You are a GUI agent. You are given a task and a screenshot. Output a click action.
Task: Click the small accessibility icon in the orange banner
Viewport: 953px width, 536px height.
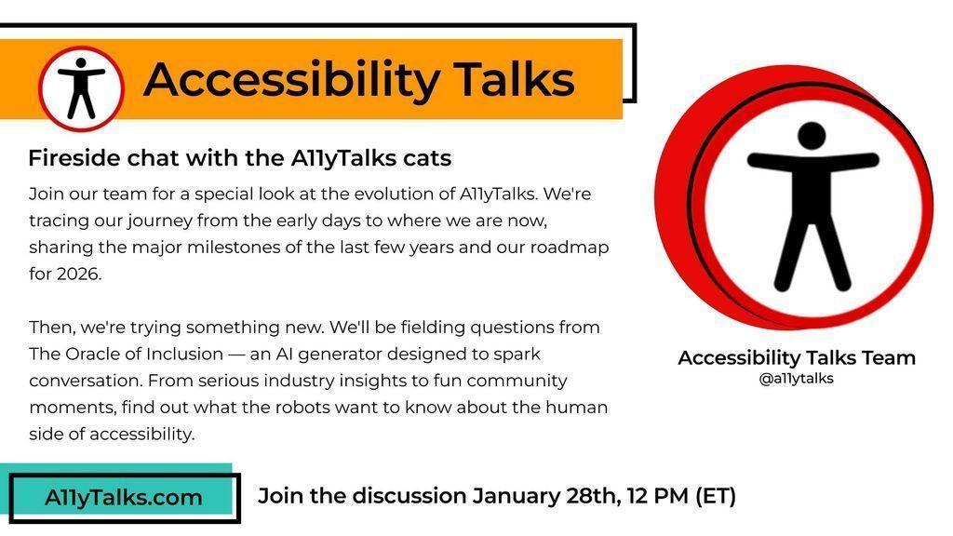point(81,88)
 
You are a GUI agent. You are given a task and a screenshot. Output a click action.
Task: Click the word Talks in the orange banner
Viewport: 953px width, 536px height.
point(515,80)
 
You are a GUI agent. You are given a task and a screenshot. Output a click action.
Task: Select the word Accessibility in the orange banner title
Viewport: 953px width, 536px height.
point(291,81)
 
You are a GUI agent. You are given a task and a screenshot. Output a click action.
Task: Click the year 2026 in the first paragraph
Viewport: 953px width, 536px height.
point(78,275)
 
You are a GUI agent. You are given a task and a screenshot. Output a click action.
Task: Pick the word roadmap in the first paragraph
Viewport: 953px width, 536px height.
point(570,248)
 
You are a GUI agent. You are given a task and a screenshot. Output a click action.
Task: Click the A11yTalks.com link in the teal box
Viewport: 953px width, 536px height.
point(124,498)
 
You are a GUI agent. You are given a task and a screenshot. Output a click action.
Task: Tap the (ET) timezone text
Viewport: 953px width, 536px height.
point(716,496)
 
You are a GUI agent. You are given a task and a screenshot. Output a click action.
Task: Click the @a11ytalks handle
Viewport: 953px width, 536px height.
point(797,379)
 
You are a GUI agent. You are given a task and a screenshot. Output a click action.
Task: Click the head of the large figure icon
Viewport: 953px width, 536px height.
point(812,136)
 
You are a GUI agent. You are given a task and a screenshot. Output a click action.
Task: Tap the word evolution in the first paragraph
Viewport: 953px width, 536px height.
point(396,194)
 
